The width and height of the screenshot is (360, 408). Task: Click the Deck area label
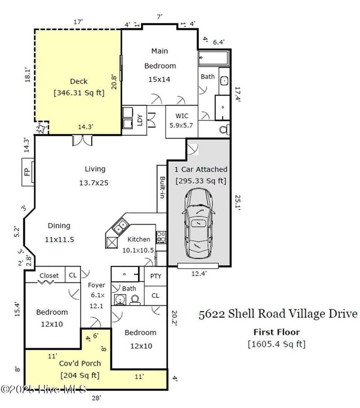click(x=79, y=81)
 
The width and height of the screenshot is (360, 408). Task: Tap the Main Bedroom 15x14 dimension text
click(x=159, y=79)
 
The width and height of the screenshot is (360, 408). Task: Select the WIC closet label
click(x=182, y=116)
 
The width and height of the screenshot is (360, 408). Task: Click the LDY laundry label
click(x=140, y=120)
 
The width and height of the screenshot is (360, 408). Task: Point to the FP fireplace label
click(x=27, y=172)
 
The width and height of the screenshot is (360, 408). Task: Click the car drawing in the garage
click(x=198, y=224)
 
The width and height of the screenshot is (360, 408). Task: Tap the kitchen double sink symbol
click(x=121, y=227)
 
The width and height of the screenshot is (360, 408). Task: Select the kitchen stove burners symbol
click(x=161, y=237)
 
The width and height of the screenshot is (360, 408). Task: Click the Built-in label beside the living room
click(x=162, y=187)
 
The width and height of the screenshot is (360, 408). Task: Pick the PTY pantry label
click(x=156, y=276)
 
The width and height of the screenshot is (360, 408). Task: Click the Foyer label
click(x=96, y=285)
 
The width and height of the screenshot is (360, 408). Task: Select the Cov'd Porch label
click(x=80, y=363)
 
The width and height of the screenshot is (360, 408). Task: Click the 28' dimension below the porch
click(x=96, y=398)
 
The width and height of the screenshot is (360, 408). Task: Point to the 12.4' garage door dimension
click(x=199, y=273)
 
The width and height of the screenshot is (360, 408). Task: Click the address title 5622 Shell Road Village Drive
click(x=278, y=314)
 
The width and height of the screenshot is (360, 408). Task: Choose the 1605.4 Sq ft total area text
click(x=276, y=344)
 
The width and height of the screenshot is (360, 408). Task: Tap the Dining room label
click(x=59, y=226)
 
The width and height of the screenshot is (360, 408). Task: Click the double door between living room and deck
click(x=82, y=140)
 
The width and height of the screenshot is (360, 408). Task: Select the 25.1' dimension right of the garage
click(x=238, y=203)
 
